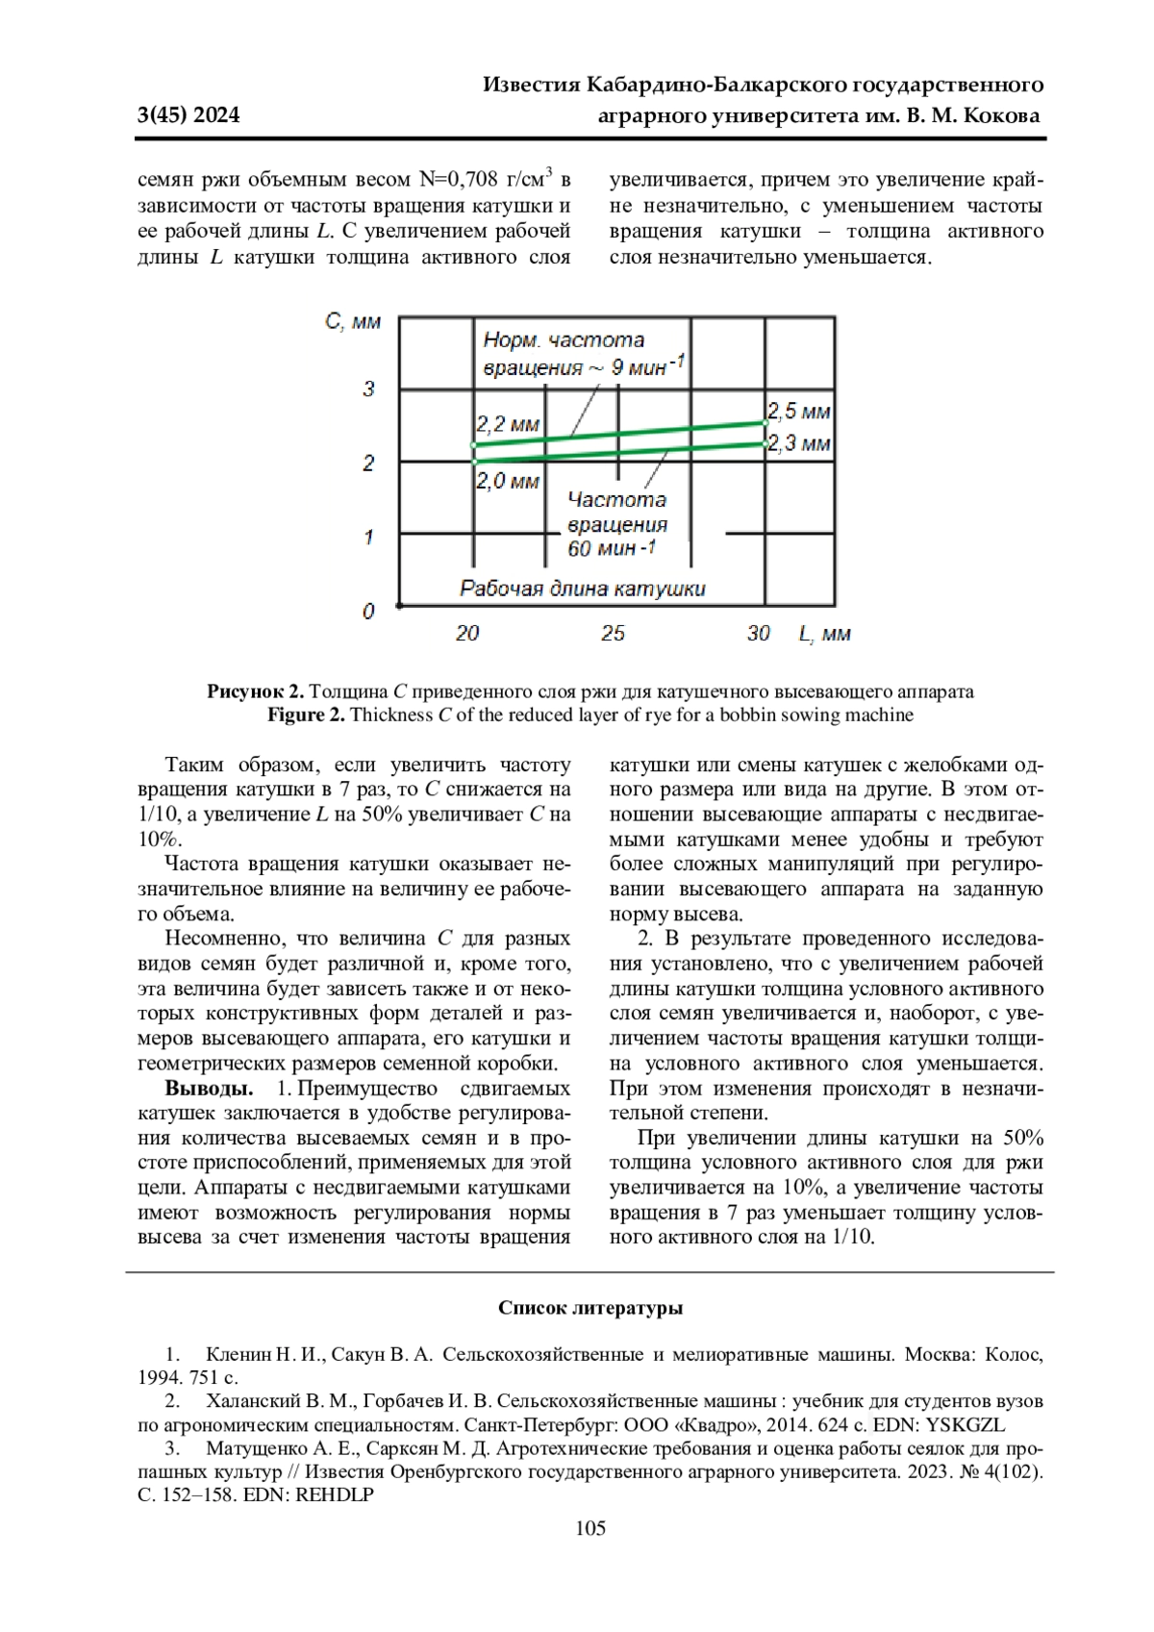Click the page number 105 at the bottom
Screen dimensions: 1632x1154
coord(590,1528)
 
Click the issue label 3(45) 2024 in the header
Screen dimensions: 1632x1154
coord(188,115)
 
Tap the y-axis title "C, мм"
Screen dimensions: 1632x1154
coord(353,321)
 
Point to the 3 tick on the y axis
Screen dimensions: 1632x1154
coord(368,389)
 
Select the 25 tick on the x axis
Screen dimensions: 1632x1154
coord(614,633)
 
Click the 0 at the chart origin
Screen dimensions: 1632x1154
coord(368,612)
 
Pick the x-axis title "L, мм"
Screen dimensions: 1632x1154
coord(824,633)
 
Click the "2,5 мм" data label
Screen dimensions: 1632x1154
coord(798,412)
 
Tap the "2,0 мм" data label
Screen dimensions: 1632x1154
coord(508,481)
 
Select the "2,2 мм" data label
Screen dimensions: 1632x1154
coord(508,424)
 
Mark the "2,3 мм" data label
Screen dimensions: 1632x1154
coord(799,443)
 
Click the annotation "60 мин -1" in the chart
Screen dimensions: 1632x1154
coord(612,549)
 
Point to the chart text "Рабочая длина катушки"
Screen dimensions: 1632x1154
coord(582,589)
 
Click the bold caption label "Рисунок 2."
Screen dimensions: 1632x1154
coord(256,691)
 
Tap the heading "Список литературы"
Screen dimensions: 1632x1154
coord(590,1308)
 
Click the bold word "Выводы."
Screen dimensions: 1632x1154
coord(209,1089)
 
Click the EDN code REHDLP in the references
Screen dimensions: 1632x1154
coord(335,1495)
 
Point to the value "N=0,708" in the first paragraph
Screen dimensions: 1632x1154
coord(459,180)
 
